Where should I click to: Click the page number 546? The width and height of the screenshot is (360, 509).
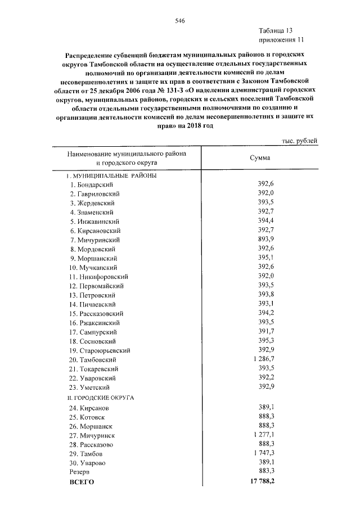tap(180, 20)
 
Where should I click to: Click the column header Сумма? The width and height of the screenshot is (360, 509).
tap(260, 157)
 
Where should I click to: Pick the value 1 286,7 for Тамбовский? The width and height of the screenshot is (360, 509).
tap(262, 358)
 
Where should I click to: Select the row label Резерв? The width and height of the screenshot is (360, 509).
tap(78, 472)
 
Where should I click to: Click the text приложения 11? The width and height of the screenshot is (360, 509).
tap(280, 40)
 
